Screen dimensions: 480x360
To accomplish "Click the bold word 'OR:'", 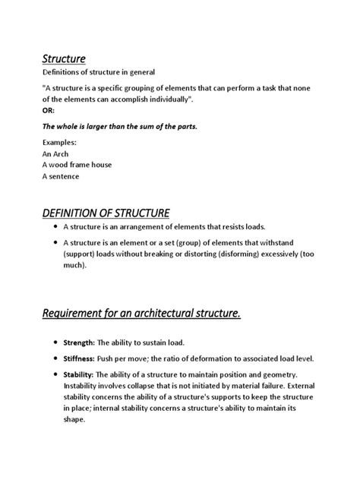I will point(49,109).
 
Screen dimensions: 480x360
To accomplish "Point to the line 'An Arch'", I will point(56,153).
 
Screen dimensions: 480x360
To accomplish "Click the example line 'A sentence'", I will point(61,176).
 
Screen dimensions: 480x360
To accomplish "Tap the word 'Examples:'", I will point(61,142).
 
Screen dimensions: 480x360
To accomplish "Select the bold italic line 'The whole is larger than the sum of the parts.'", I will point(120,126).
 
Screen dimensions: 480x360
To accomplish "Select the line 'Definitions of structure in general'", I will point(98,72).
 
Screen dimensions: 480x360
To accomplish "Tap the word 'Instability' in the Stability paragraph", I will point(85,386).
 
